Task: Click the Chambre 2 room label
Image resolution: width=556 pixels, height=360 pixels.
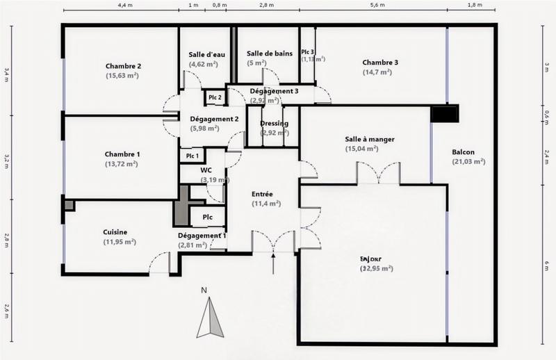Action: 123,66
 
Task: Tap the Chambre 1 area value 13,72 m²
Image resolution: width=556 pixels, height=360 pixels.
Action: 122,164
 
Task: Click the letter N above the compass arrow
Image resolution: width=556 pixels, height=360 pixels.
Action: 204,290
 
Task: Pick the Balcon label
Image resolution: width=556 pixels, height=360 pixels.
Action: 463,152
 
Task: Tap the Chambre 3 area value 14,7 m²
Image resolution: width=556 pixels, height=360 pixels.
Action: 379,72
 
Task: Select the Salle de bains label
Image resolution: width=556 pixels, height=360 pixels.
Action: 268,54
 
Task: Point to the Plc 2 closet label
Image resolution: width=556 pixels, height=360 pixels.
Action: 215,97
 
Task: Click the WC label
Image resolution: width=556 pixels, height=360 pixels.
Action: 206,170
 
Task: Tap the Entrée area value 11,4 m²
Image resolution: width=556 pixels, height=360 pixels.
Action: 265,204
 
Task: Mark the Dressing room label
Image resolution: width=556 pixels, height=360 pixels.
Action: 274,124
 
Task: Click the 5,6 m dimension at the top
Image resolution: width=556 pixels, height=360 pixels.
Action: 377,5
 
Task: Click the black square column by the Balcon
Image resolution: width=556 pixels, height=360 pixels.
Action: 445,113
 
